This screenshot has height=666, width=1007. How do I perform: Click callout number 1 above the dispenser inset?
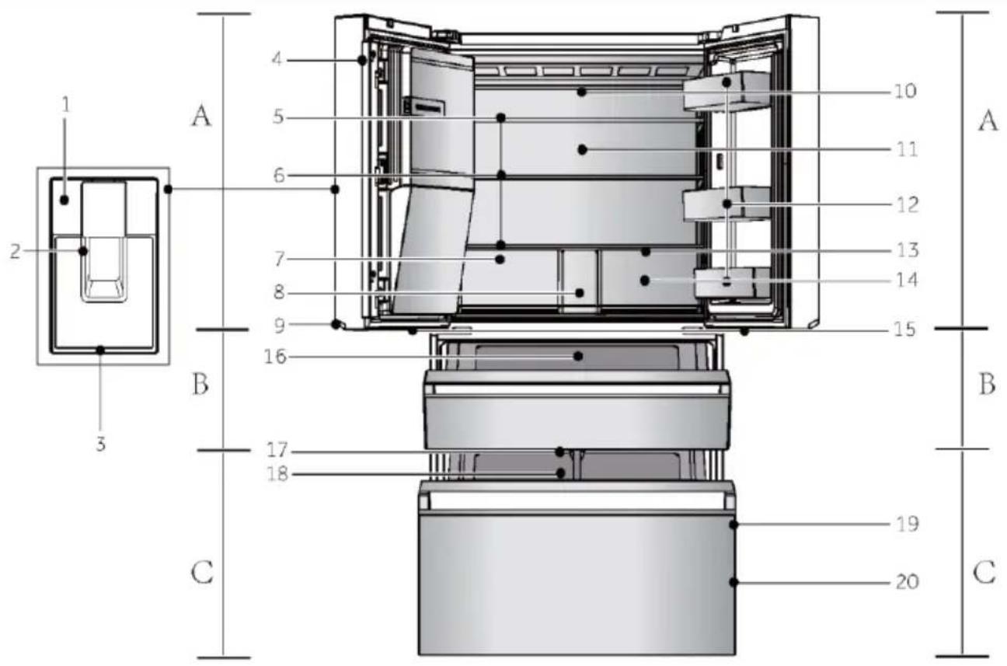(67, 104)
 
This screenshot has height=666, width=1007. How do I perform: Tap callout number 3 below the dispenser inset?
(101, 445)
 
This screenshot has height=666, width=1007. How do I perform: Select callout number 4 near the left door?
(277, 59)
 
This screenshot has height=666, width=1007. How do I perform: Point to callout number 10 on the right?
(904, 91)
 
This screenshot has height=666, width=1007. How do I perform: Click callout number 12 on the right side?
(906, 205)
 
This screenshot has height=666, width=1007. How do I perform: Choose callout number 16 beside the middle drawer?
(275, 357)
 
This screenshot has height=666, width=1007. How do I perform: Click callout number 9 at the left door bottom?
(280, 326)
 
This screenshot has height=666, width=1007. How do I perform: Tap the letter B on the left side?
(200, 385)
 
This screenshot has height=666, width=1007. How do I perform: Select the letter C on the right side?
(984, 573)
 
